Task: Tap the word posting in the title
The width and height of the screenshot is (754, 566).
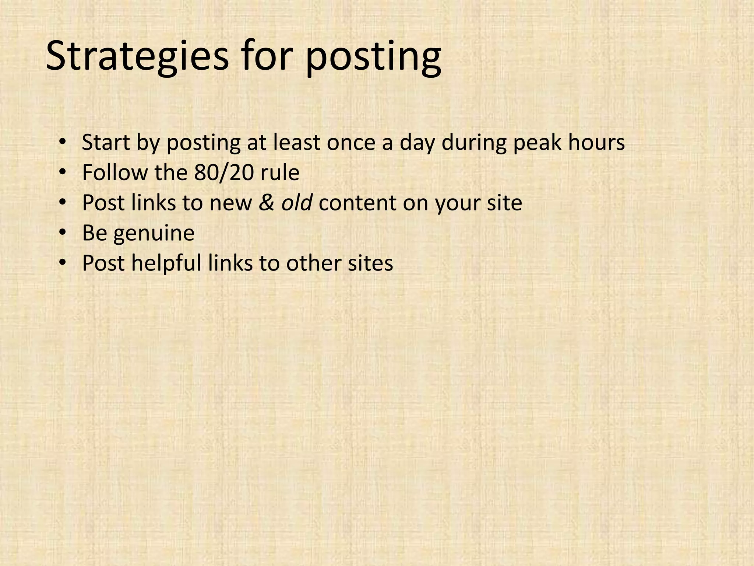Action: [x=373, y=56]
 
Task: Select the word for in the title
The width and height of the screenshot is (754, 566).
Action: [x=267, y=56]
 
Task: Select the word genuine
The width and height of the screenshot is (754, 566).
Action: [x=154, y=233]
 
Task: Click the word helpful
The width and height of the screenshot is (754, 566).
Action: [x=166, y=263]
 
